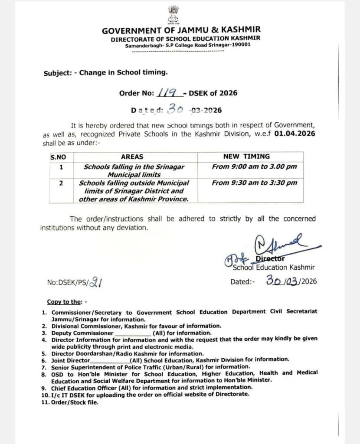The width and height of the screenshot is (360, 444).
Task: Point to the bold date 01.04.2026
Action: click(x=295, y=134)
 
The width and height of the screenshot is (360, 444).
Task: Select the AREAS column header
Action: click(x=132, y=157)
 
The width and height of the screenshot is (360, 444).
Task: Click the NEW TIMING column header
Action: click(x=246, y=156)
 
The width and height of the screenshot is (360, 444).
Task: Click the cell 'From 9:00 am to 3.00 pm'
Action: click(x=254, y=166)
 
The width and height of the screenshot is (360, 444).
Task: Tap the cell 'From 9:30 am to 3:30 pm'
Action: click(x=254, y=183)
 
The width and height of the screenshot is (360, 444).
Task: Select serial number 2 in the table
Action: click(x=61, y=183)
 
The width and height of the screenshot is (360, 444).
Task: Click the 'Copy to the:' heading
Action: click(x=67, y=302)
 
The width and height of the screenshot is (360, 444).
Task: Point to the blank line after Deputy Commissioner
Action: click(x=132, y=333)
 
